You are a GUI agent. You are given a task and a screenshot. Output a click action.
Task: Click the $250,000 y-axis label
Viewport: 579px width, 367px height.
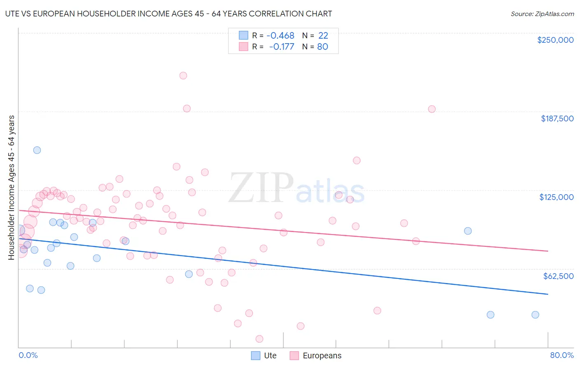[555, 40]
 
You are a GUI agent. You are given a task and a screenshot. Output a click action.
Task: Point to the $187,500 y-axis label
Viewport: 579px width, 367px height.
[557, 118]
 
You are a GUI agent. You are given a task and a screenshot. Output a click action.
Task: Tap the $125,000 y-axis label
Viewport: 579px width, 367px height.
[556, 197]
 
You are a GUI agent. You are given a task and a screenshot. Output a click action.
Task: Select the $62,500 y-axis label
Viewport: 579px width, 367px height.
[558, 276]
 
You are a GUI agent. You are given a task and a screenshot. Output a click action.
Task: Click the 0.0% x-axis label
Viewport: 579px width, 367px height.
[28, 355]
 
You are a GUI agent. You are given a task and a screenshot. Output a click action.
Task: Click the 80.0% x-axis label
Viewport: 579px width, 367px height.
[562, 355]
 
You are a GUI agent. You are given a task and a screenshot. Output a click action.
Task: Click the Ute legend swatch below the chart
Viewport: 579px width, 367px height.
[256, 355]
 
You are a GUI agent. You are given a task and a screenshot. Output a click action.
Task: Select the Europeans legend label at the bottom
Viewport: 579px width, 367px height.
[322, 355]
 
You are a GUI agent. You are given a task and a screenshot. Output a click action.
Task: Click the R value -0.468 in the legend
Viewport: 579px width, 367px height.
[280, 36]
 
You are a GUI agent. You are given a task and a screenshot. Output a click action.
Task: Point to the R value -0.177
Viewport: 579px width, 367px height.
[282, 46]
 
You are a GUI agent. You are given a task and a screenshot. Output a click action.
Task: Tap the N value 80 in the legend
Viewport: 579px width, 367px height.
[322, 46]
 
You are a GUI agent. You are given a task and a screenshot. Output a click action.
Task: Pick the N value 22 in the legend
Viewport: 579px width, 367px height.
[323, 36]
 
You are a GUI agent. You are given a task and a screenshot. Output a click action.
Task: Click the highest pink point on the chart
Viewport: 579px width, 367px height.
[183, 76]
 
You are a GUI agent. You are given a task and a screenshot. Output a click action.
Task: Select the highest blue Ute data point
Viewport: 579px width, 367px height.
[37, 150]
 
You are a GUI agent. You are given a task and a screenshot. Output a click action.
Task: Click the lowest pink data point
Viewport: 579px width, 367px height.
[259, 339]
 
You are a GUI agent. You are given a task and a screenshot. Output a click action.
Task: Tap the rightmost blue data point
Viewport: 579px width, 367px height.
[535, 315]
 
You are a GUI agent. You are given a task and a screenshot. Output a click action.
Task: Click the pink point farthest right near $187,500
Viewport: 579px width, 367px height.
[432, 109]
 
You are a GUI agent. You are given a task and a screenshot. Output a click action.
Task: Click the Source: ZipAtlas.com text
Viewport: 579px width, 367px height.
[542, 14]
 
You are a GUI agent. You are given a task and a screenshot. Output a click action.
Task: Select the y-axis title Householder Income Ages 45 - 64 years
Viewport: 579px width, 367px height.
[12, 187]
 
